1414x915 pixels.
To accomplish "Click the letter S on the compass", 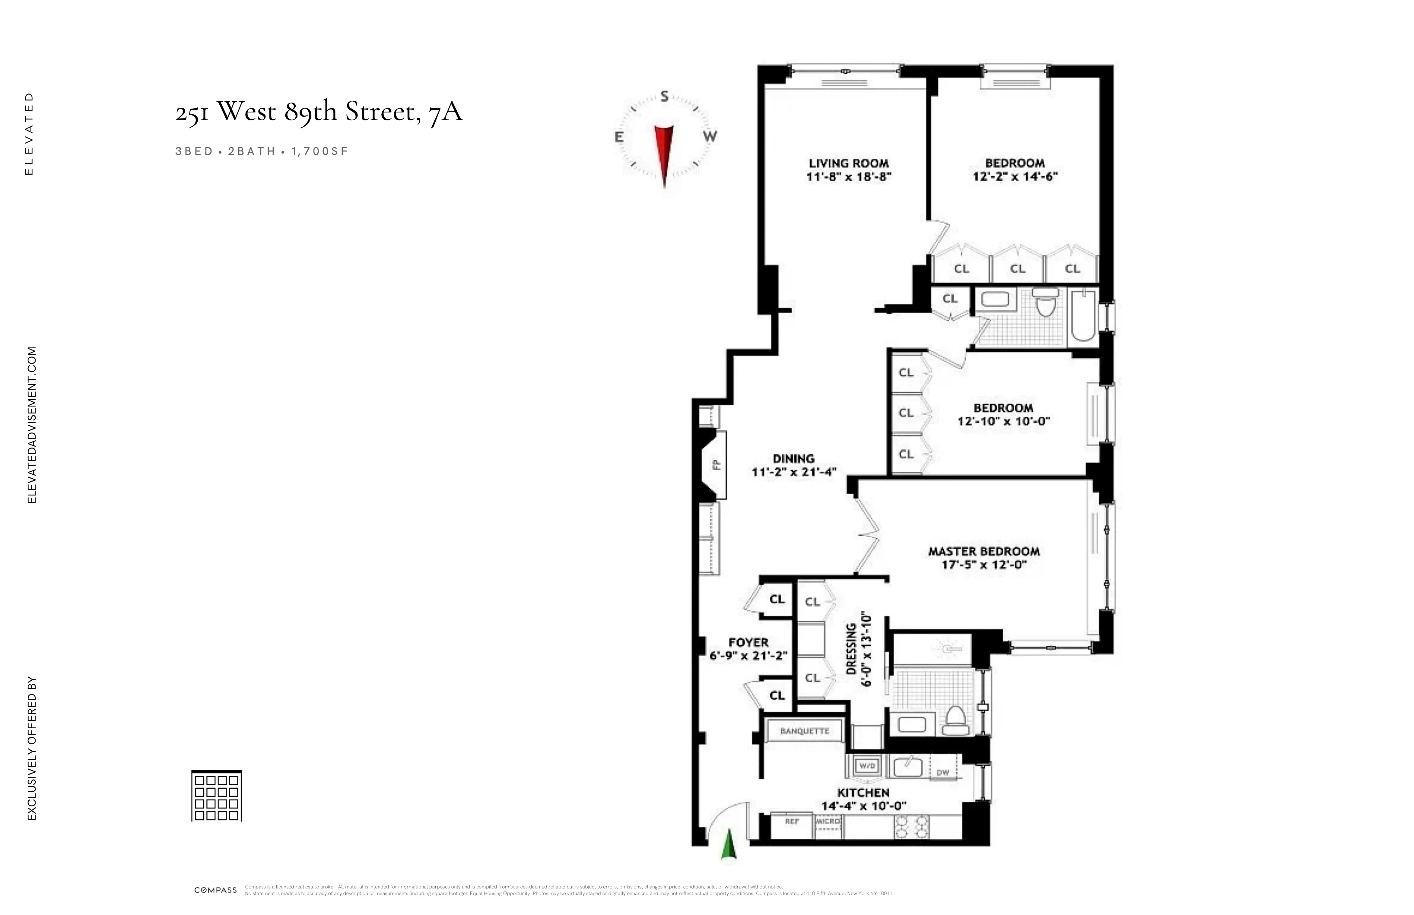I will (665, 96).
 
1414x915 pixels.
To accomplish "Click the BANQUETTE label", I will (804, 731).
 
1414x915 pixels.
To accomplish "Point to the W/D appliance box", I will (867, 766).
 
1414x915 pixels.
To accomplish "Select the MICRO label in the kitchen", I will (828, 821).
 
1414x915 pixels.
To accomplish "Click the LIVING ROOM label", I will (848, 163).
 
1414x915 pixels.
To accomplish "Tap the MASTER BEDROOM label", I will (984, 551).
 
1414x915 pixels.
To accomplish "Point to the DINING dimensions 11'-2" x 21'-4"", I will (794, 472).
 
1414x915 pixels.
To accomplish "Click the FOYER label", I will (748, 642).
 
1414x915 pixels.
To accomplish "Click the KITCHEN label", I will (863, 793).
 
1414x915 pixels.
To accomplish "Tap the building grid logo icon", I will (216, 796).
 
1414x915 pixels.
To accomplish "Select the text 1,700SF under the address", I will (319, 151).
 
